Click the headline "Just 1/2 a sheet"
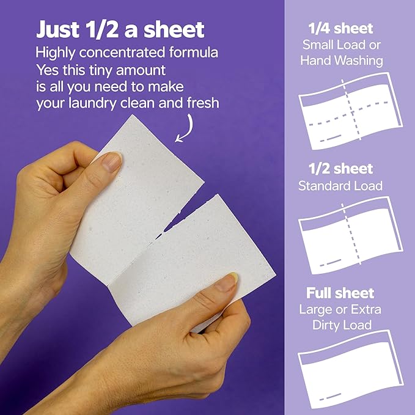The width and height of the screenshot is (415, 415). click(120, 30)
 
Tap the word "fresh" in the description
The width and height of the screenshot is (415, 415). click(202, 103)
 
